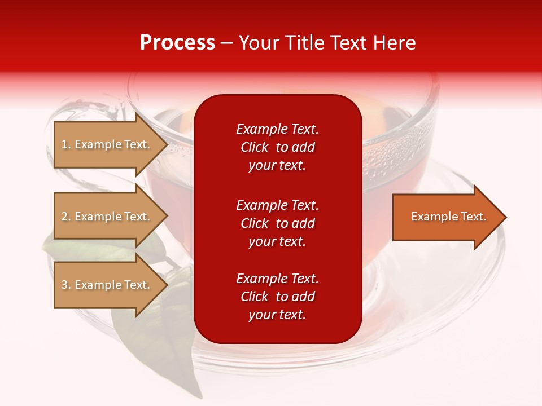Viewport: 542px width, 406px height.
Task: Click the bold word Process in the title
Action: pos(177,43)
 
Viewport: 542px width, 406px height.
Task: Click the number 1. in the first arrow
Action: pos(66,144)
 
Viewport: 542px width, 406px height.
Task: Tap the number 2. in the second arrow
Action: pos(66,217)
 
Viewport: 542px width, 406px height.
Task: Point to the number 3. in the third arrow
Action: pos(66,285)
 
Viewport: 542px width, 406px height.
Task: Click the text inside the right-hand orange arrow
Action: pos(448,217)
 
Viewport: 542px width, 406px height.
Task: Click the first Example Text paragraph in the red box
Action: pos(277,147)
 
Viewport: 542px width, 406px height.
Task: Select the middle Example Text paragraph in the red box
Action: pos(277,223)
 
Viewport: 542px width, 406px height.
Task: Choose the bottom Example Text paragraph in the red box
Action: pos(277,297)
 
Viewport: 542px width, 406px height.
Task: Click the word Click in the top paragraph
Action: pos(254,147)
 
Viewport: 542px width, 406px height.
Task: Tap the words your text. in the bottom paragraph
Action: pos(277,315)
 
